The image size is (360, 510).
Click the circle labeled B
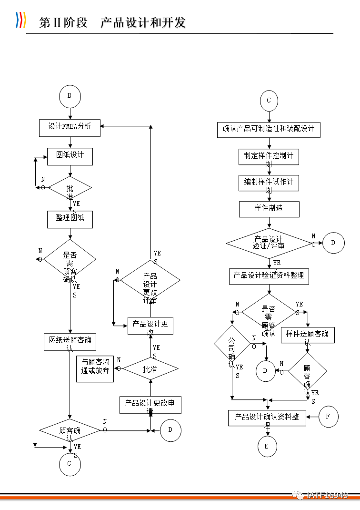70,96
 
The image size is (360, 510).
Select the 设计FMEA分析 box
70,127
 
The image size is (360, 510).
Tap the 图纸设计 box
70,156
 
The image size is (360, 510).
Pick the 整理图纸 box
70,219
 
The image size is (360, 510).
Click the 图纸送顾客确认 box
70,342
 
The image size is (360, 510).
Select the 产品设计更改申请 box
150,405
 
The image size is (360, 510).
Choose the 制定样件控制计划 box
269,157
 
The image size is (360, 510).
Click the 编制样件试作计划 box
269,183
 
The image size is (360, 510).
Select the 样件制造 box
269,209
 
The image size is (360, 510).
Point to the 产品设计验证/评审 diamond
269,243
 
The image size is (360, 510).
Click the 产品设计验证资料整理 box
269,276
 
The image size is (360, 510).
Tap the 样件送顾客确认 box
308,335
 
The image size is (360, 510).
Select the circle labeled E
267,447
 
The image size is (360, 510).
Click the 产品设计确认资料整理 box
267,418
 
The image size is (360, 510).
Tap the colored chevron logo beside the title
20,20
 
